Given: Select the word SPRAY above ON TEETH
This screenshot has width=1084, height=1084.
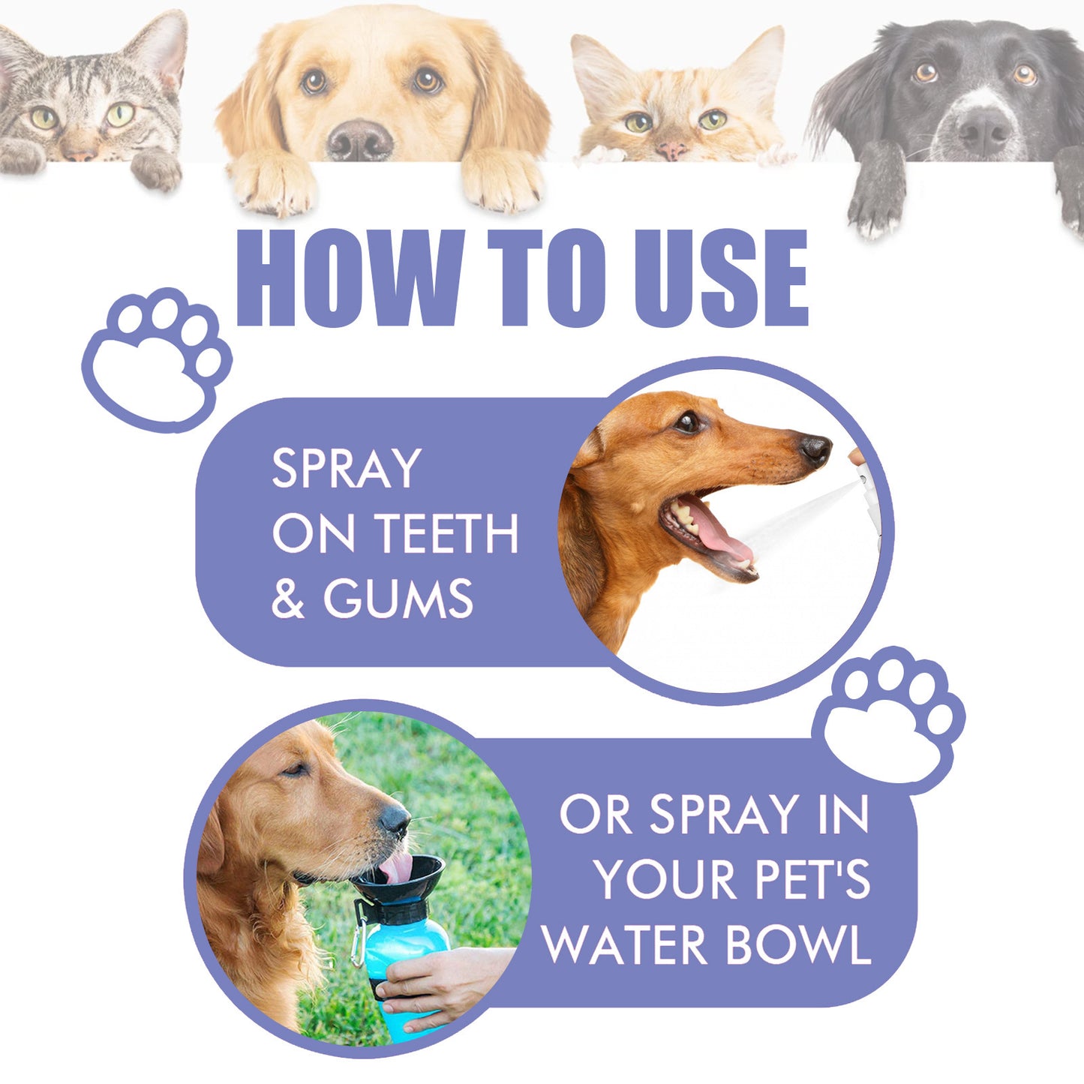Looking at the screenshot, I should pyautogui.click(x=347, y=469).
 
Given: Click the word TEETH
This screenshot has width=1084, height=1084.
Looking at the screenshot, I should pyautogui.click(x=447, y=534).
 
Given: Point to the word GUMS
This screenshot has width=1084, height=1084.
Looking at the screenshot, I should pyautogui.click(x=398, y=599).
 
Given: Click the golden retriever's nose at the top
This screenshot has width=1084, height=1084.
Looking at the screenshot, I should pyautogui.click(x=359, y=140).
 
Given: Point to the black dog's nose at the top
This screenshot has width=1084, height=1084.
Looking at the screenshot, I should pyautogui.click(x=983, y=131).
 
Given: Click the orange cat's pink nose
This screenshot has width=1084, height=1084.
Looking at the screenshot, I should pyautogui.click(x=671, y=150).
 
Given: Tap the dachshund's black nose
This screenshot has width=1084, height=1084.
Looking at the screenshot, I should pyautogui.click(x=815, y=449).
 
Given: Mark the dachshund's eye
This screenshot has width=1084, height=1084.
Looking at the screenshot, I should pyautogui.click(x=687, y=422).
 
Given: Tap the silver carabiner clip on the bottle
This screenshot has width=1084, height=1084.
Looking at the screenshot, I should pyautogui.click(x=359, y=938).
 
